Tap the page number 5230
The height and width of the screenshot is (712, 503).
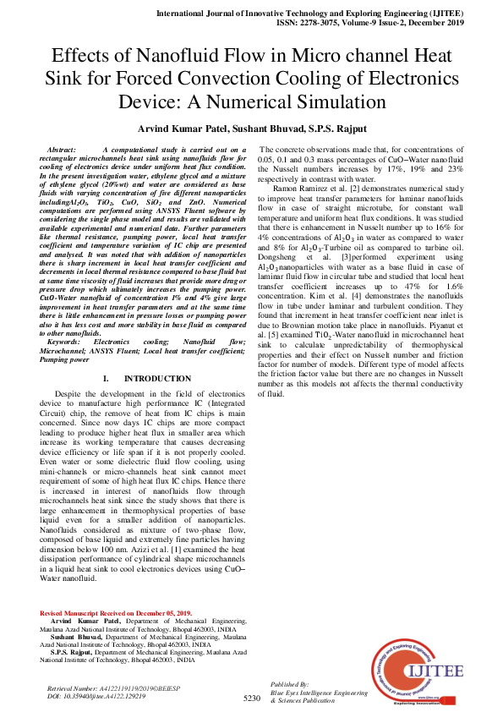click(251, 698)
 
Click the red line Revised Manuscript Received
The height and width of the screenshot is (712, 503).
click(117, 611)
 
